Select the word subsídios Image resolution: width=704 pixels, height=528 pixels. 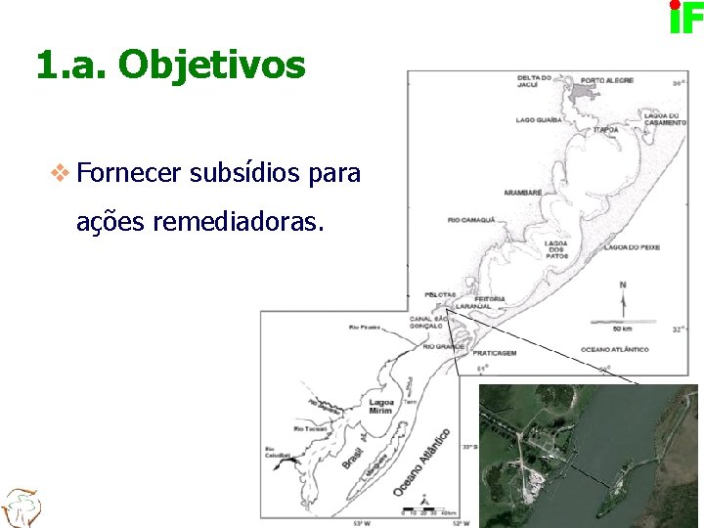coord(244,174)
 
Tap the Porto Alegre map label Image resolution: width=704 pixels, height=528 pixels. coord(606,80)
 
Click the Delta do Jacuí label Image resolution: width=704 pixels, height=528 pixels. coord(535,80)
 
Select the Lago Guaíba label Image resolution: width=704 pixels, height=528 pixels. coord(539,120)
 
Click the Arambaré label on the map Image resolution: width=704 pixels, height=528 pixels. coord(522,193)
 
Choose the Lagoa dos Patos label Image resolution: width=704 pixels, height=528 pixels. coord(556,249)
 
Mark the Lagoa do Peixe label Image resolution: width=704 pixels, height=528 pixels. coord(632,247)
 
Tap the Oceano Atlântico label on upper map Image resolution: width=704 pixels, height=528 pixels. coord(614,349)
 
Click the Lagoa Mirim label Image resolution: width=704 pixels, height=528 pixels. coord(380,406)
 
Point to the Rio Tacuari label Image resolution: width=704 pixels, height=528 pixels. coord(310,428)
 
